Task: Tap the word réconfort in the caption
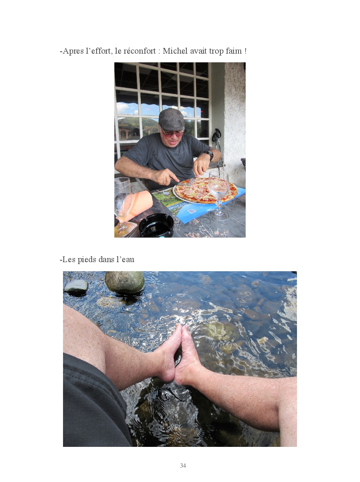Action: pos(139,51)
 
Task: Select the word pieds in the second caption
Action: pos(87,260)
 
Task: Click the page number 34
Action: pos(183,465)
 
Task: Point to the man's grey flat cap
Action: pos(171,119)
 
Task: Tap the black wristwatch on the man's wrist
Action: pos(209,155)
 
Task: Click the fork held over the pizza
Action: pos(191,181)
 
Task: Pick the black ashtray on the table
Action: pos(156,226)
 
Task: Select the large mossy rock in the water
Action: pos(125,282)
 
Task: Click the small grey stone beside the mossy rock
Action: pos(76,286)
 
